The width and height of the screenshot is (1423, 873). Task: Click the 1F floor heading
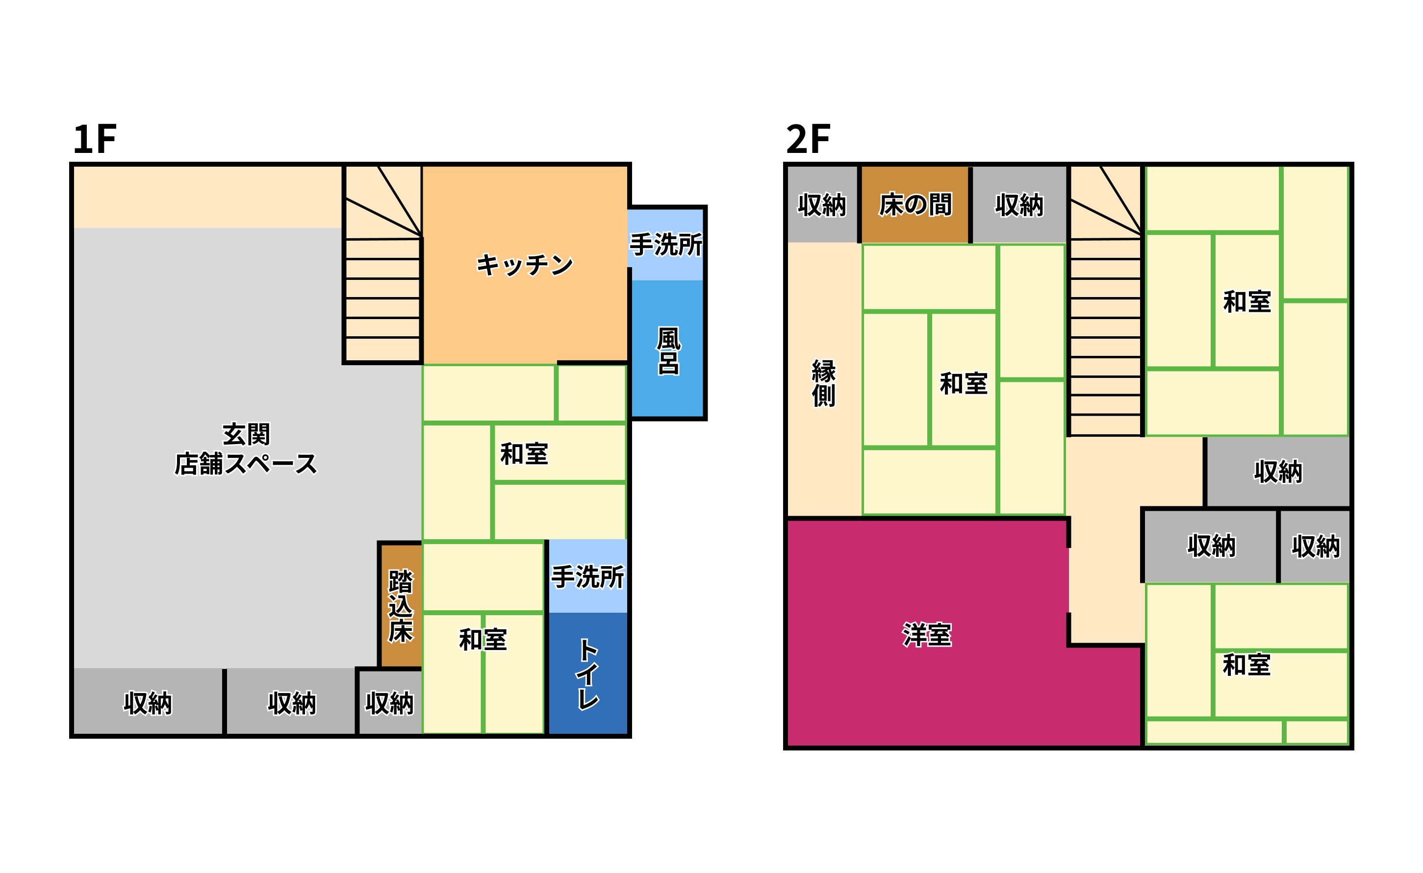(x=95, y=139)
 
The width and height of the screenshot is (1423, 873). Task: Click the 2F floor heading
(x=808, y=139)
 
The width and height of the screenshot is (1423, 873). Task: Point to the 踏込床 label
(x=400, y=606)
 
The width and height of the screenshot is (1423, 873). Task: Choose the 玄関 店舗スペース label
(x=246, y=449)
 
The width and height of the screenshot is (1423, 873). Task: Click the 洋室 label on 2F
(x=927, y=635)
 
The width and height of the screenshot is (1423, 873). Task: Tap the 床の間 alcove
(x=915, y=204)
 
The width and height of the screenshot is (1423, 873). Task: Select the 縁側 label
(x=823, y=383)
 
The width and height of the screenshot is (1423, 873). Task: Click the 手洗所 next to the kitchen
(x=666, y=245)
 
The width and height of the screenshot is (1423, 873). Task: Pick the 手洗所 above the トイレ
(x=587, y=576)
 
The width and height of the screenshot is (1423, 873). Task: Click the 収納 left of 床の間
(x=822, y=204)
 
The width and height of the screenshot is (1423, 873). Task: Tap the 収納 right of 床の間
(x=1019, y=204)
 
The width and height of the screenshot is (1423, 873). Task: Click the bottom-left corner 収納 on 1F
(x=148, y=701)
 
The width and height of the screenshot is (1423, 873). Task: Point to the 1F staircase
(x=382, y=264)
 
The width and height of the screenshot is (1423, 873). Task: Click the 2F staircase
(x=1105, y=301)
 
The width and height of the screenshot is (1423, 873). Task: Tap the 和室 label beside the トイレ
(x=483, y=640)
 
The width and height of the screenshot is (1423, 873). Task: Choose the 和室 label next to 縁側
(x=964, y=383)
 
